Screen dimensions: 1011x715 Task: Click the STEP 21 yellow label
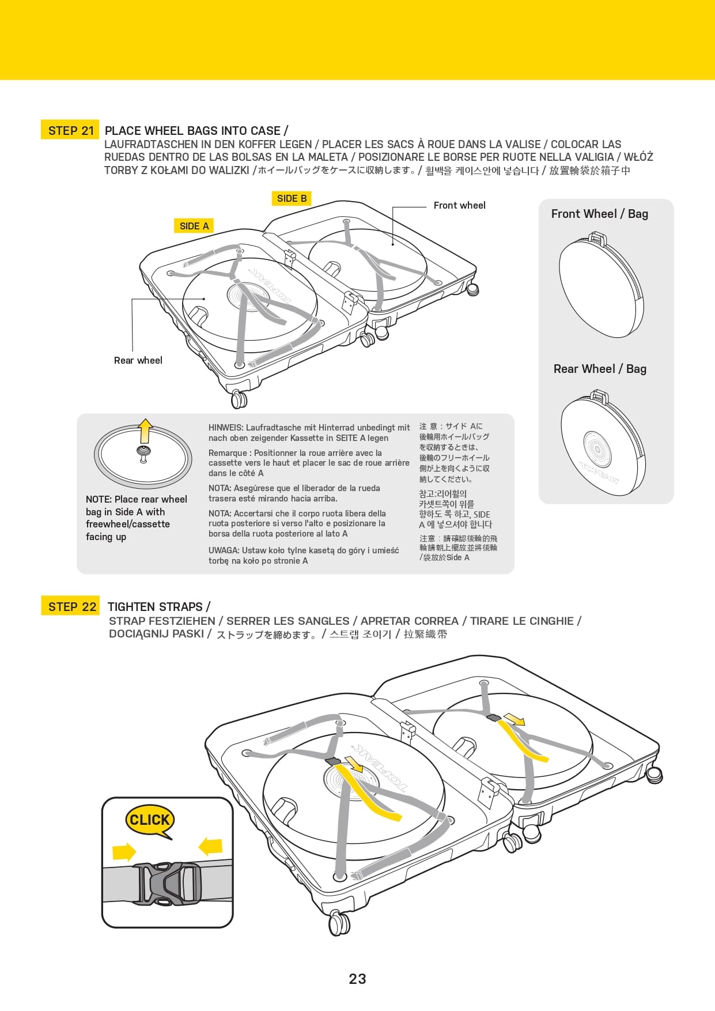point(70,130)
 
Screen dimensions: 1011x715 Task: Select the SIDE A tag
point(194,226)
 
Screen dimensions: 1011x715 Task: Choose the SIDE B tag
point(291,198)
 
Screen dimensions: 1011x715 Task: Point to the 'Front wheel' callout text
point(459,205)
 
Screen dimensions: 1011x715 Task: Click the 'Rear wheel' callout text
point(138,360)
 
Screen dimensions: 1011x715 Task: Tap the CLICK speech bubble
point(149,820)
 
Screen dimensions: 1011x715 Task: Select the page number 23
point(357,979)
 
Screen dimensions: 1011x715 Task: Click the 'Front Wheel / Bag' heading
point(599,214)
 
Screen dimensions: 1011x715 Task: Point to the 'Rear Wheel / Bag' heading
point(600,369)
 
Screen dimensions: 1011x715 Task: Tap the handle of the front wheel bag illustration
point(597,238)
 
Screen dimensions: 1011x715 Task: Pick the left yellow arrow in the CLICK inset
point(124,851)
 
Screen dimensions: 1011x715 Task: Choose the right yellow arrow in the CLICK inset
point(210,846)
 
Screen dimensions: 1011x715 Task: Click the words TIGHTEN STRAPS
point(155,606)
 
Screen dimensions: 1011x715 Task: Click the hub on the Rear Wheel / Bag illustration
point(596,448)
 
